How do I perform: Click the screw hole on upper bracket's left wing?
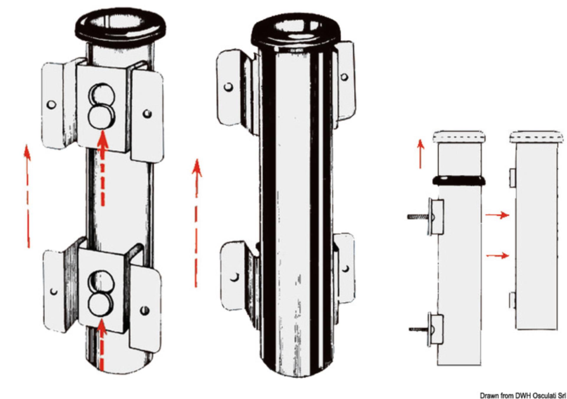click(x=52, y=104)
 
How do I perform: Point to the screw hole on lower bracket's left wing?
click(x=54, y=291)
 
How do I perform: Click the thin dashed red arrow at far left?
click(x=27, y=195)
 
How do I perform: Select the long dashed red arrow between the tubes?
click(x=196, y=222)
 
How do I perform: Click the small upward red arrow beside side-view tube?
click(x=421, y=154)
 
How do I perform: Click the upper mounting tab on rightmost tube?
click(x=513, y=178)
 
